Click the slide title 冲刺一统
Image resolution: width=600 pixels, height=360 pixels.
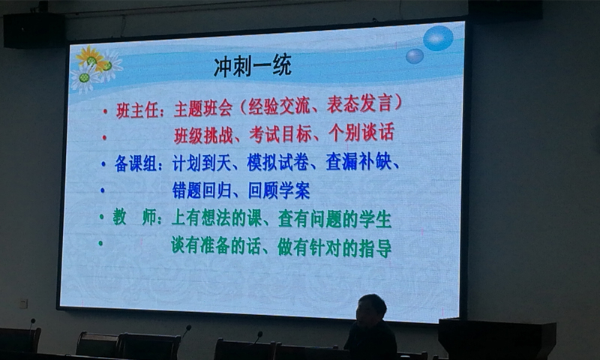point(253,66)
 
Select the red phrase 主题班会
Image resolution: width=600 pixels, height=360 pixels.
point(203,109)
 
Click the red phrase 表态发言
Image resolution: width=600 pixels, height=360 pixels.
point(360,103)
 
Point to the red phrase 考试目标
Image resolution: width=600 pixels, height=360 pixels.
point(280,134)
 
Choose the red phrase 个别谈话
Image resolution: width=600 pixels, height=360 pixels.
point(361,133)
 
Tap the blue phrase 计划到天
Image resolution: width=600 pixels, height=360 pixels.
point(202,163)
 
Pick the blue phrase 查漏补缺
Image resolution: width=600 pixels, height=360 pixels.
point(358,161)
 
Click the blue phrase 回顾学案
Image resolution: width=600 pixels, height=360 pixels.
point(279,190)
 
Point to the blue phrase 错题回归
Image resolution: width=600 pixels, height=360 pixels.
point(202,190)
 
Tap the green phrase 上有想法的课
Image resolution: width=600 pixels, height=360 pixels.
point(216,218)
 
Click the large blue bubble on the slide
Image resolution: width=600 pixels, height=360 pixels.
point(439,38)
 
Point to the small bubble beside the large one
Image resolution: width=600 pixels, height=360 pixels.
point(415,56)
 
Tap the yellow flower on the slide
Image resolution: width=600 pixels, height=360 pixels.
point(90,58)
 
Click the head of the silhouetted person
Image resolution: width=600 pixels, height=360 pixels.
point(370,308)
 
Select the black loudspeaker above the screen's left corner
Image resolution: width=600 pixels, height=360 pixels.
point(34,31)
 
